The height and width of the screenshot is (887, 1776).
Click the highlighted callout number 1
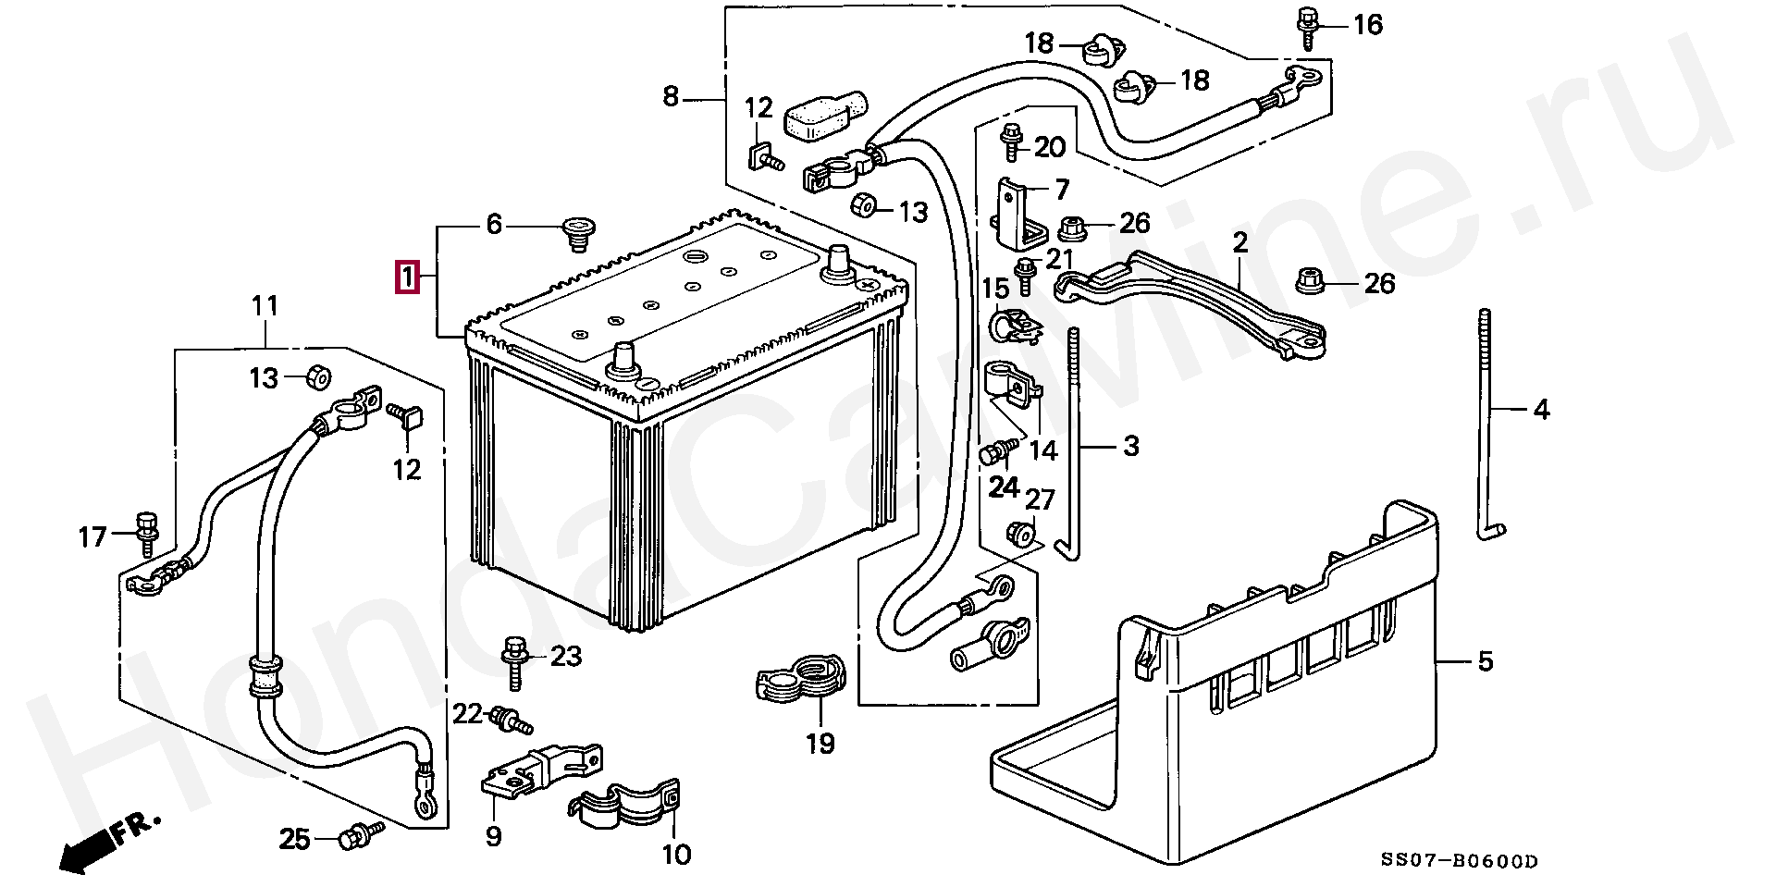tap(407, 277)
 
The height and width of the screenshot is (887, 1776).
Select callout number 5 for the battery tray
tap(1485, 661)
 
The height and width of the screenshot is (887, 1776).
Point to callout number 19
tap(820, 743)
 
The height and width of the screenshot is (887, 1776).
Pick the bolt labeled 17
tap(146, 531)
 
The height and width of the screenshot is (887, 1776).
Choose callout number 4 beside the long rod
tap(1540, 408)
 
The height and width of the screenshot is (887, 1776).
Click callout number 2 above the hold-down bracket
tap(1239, 243)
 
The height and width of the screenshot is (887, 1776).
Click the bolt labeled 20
tap(1010, 141)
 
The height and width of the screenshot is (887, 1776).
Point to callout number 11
tap(265, 305)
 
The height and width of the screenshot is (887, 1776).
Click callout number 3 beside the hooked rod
tap(1130, 446)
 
